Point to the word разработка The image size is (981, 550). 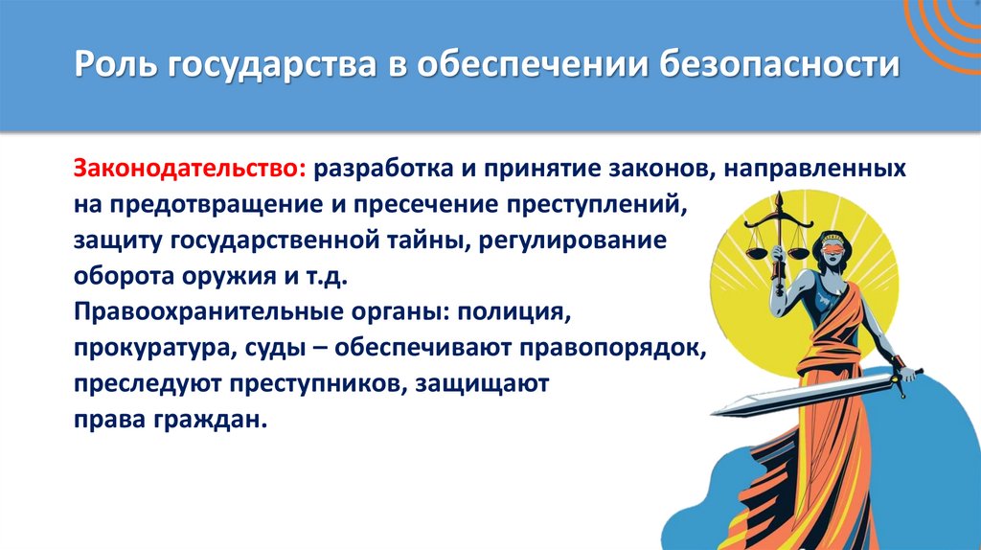[x=386, y=169]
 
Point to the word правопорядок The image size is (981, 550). [x=612, y=348]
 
